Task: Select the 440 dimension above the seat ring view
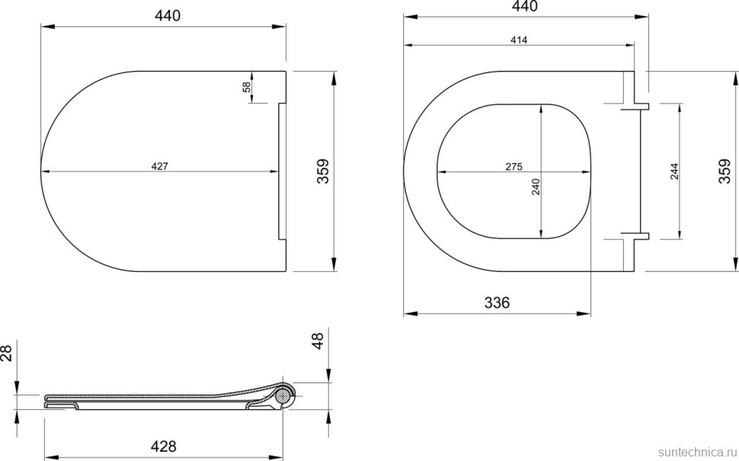pyautogui.click(x=524, y=7)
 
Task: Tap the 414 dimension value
pyautogui.click(x=519, y=40)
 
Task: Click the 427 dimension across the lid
pyautogui.click(x=158, y=165)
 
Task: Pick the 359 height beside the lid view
pyautogui.click(x=322, y=171)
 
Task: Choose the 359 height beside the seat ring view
pyautogui.click(x=727, y=171)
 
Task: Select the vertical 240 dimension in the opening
pyautogui.click(x=536, y=187)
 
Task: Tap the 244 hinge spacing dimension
pyautogui.click(x=674, y=171)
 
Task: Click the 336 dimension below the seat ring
pyautogui.click(x=497, y=303)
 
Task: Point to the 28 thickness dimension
pyautogui.click(x=7, y=352)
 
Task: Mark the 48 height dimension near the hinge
pyautogui.click(x=318, y=340)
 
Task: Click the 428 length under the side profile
pyautogui.click(x=163, y=447)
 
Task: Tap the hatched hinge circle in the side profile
pyautogui.click(x=285, y=395)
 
